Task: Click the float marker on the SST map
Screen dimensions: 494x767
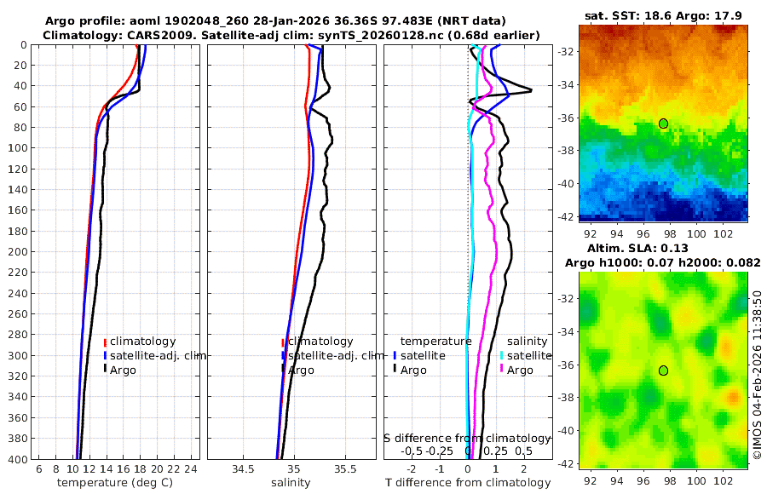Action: pyautogui.click(x=663, y=123)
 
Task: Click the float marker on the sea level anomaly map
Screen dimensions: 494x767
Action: pyautogui.click(x=663, y=370)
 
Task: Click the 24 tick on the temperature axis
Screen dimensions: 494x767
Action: pyautogui.click(x=191, y=469)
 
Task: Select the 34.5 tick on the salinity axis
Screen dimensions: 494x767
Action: pyautogui.click(x=243, y=469)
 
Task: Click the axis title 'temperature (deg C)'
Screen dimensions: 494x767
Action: pyautogui.click(x=115, y=483)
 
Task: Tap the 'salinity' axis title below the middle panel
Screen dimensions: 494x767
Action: pyautogui.click(x=291, y=483)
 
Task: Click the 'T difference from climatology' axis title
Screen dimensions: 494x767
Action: pyautogui.click(x=468, y=483)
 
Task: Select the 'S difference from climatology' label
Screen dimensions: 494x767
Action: pyautogui.click(x=468, y=437)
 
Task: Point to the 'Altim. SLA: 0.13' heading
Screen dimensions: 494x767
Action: pyautogui.click(x=662, y=247)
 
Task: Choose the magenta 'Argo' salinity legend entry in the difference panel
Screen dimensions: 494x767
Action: pyautogui.click(x=519, y=370)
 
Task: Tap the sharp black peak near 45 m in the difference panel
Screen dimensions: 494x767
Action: pyautogui.click(x=530, y=90)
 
